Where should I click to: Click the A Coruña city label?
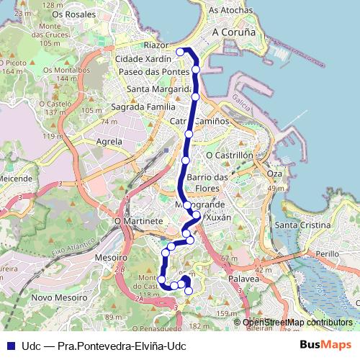pos(235,33)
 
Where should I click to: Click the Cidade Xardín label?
pos(143,58)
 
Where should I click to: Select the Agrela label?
pos(109,142)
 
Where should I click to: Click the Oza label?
pos(274,174)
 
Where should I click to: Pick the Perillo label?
pos(327,254)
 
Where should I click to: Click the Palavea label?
pos(243,277)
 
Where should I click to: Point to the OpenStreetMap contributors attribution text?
pos(297,323)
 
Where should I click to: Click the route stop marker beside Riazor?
pos(179,52)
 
